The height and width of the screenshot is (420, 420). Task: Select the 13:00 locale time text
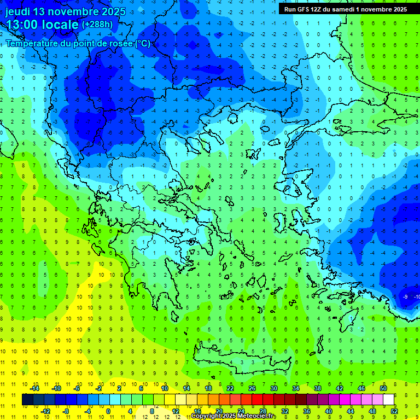[x=42, y=25]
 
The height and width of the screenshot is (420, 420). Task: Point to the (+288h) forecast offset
[x=97, y=25]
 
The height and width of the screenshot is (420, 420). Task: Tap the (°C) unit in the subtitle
[x=142, y=43]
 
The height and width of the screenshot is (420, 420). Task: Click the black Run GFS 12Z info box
[x=345, y=9]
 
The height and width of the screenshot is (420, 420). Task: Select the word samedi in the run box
[x=341, y=9]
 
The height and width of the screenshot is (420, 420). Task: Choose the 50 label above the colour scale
[x=383, y=388]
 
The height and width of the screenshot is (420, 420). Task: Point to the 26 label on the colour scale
[x=252, y=388]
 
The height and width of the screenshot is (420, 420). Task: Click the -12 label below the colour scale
[x=46, y=411]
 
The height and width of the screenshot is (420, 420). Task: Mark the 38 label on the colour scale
[x=317, y=388]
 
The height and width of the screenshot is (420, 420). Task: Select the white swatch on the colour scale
[x=389, y=400]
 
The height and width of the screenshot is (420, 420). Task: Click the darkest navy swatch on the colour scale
[x=27, y=400]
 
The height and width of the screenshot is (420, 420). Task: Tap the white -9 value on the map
[x=405, y=296]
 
